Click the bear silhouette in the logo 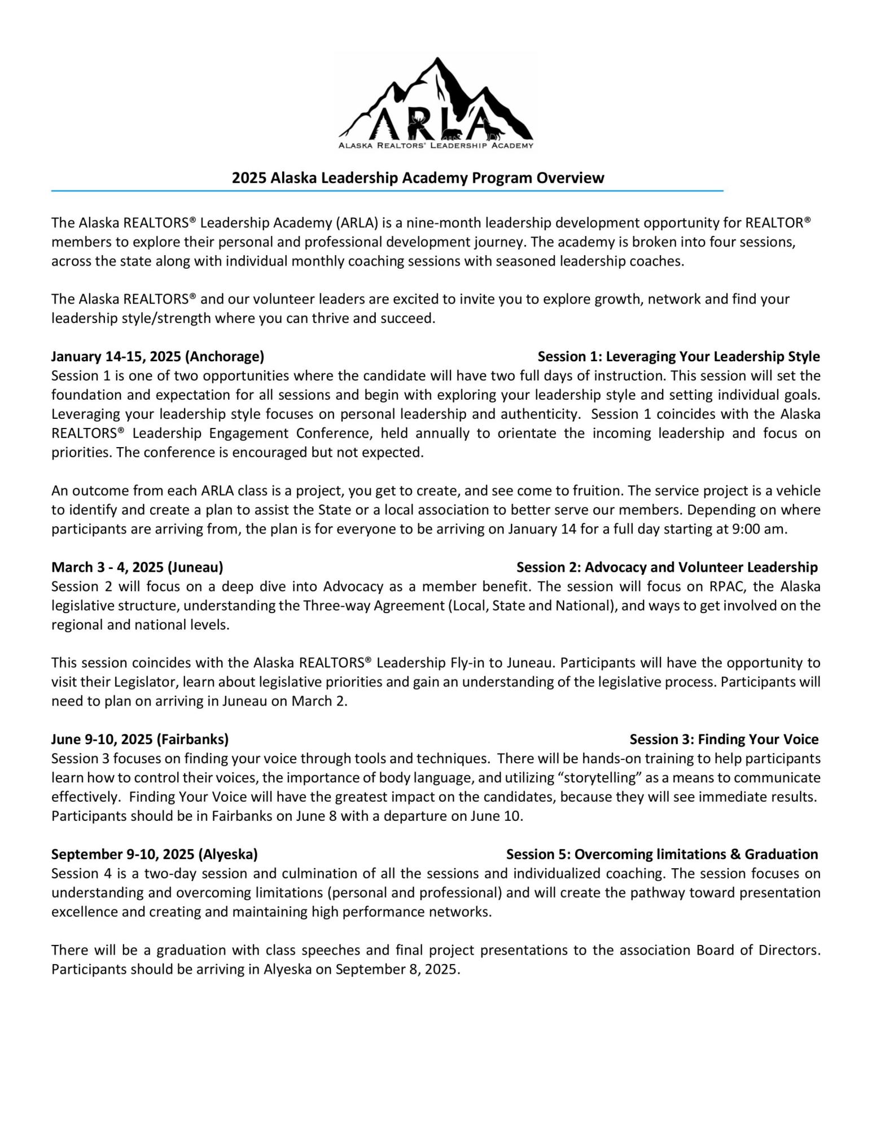point(452,134)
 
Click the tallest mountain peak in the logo point(436,61)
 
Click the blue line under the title point(387,191)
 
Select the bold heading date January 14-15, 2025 point(116,357)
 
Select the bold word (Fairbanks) point(192,739)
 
